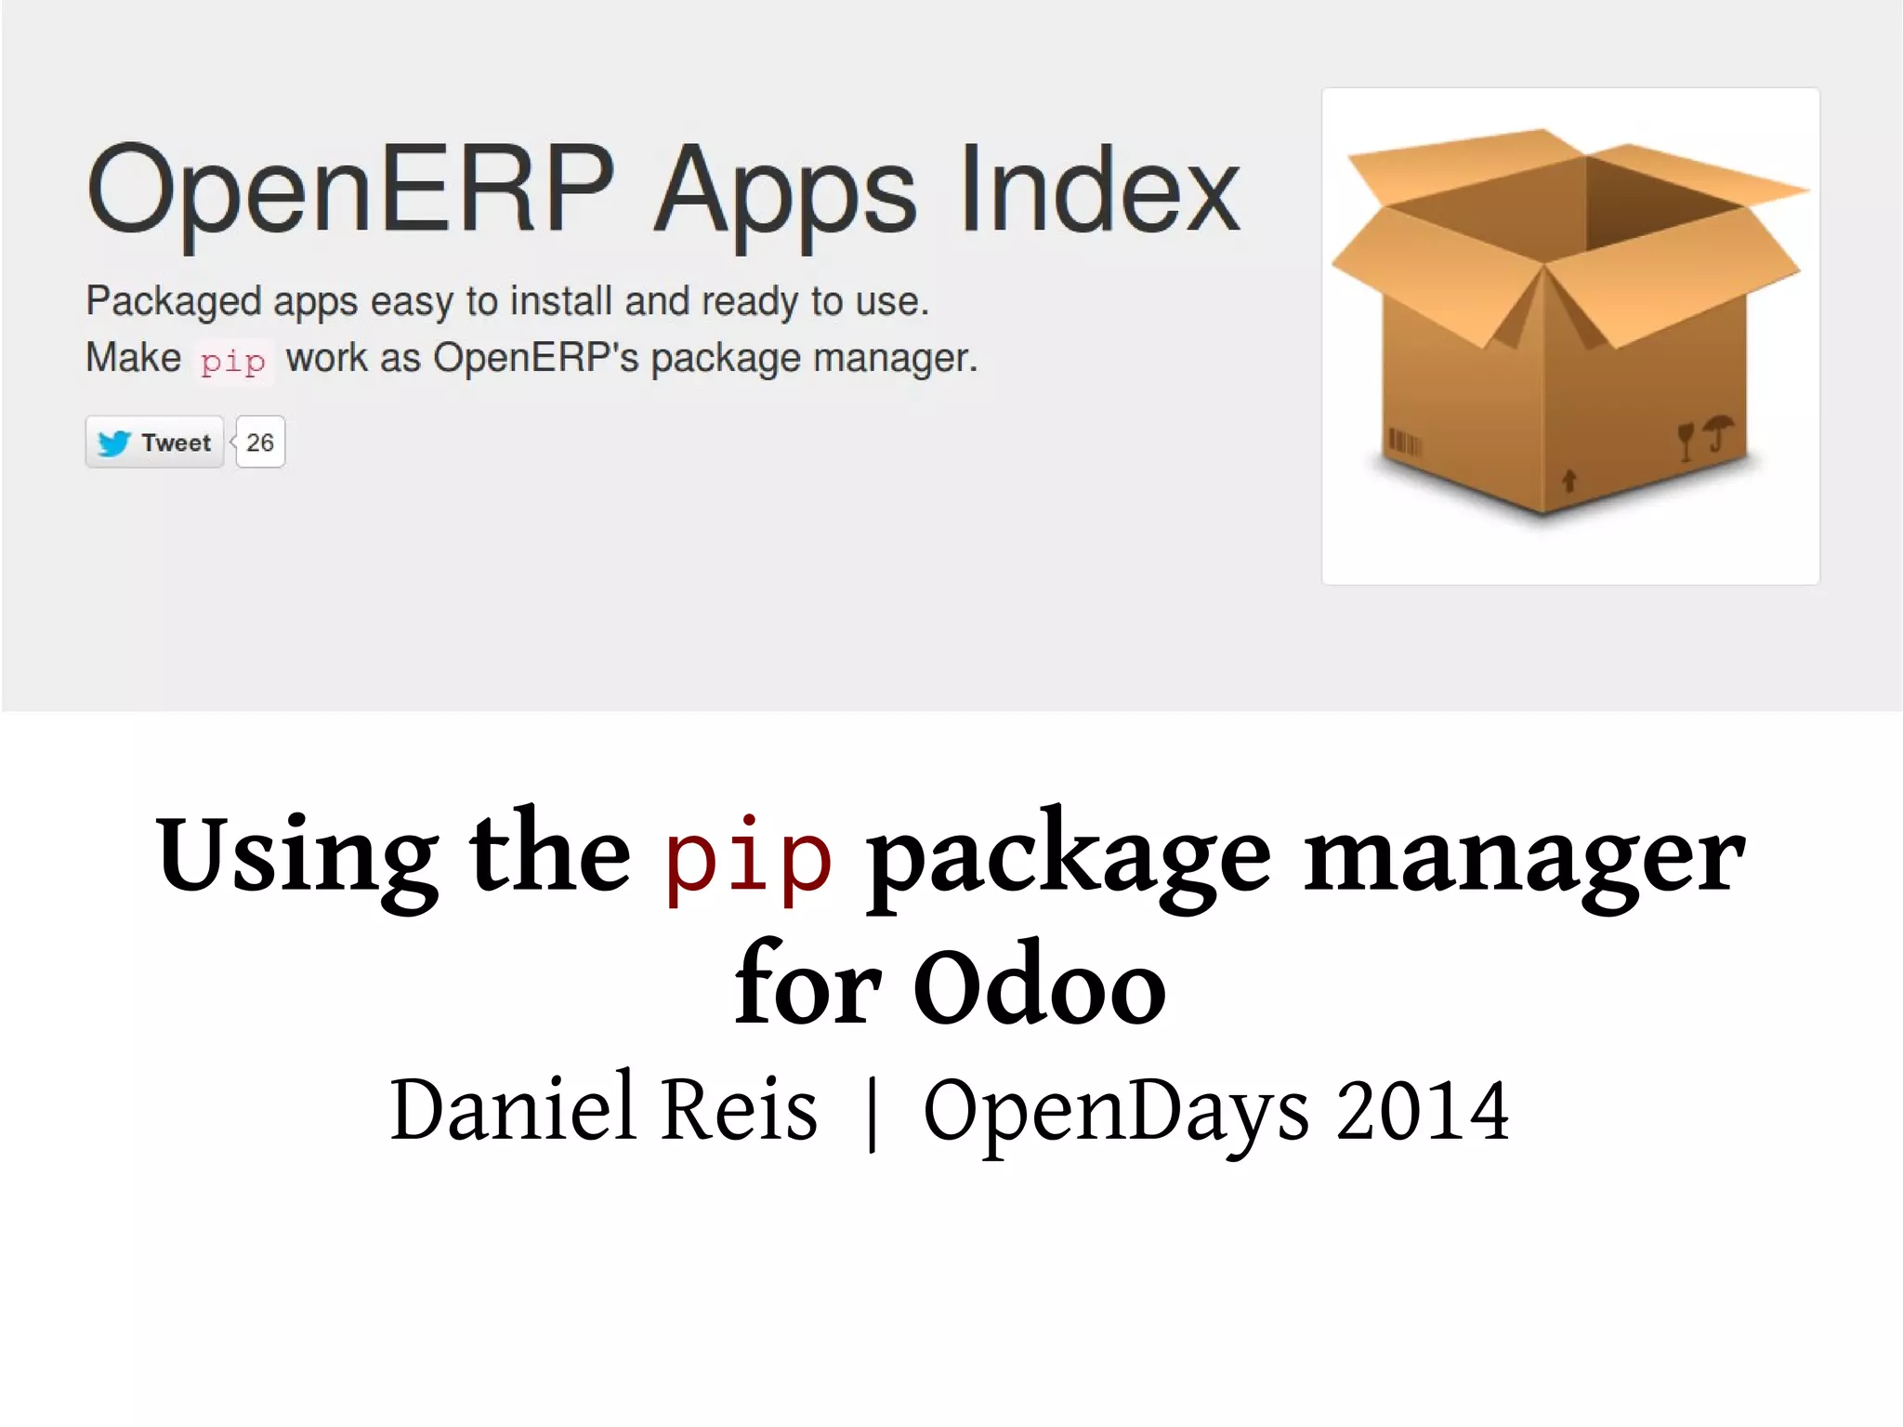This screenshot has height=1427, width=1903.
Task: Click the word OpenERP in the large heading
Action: pyautogui.click(x=350, y=190)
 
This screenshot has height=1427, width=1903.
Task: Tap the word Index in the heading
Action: pyautogui.click(x=1100, y=190)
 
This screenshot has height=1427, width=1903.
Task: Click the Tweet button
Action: pyautogui.click(x=155, y=443)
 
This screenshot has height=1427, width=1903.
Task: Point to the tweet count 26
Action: pyautogui.click(x=260, y=443)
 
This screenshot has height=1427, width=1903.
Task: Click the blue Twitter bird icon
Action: pyautogui.click(x=114, y=443)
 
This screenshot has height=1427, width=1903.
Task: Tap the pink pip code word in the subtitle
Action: pyautogui.click(x=233, y=361)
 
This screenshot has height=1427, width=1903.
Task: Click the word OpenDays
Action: pyautogui.click(x=1116, y=1112)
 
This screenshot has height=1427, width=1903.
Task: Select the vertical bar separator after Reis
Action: pyautogui.click(x=872, y=1112)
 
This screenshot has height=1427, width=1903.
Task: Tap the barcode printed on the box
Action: pyautogui.click(x=1404, y=442)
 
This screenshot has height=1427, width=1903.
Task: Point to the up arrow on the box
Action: pyautogui.click(x=1569, y=480)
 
